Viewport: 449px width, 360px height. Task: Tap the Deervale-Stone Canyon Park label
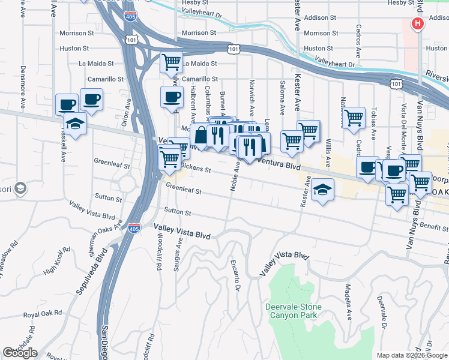click(294, 311)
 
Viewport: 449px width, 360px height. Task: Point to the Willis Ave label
click(327, 154)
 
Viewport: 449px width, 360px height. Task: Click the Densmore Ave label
click(23, 83)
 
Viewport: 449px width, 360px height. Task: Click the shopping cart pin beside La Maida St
click(171, 61)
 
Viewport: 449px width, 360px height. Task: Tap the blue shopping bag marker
click(202, 136)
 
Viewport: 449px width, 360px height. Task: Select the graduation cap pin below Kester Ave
click(322, 190)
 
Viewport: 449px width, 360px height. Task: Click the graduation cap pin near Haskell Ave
click(77, 123)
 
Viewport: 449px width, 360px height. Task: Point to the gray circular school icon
click(20, 189)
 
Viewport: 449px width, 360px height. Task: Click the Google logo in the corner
click(20, 352)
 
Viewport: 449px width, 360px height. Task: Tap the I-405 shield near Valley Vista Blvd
click(134, 228)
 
